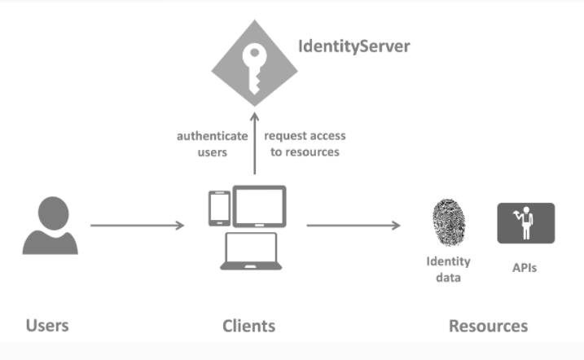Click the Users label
pyautogui.click(x=47, y=326)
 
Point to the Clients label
pyautogui.click(x=248, y=326)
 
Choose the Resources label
pyautogui.click(x=488, y=326)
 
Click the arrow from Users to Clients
pyautogui.click(x=137, y=225)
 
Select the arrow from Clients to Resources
pyautogui.click(x=353, y=225)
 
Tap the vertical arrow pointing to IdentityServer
pyautogui.click(x=254, y=143)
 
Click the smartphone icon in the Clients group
pyautogui.click(x=218, y=208)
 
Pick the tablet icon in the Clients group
pyautogui.click(x=260, y=206)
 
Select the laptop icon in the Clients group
pyautogui.click(x=252, y=251)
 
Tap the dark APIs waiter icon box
pyautogui.click(x=525, y=223)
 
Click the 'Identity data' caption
pyautogui.click(x=448, y=270)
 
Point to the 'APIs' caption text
pyautogui.click(x=525, y=266)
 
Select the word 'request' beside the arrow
pyautogui.click(x=285, y=136)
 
